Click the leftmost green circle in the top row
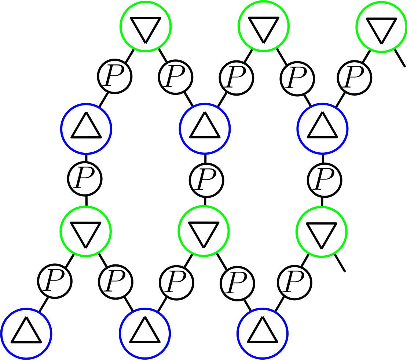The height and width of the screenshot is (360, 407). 146,26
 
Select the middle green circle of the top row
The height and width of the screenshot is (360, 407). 264,26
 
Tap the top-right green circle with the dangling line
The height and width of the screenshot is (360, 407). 381,26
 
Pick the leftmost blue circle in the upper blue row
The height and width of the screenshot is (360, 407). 86,129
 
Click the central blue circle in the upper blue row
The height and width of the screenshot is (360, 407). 205,129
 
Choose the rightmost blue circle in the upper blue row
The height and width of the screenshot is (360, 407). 322,129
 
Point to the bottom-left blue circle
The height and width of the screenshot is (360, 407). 26,334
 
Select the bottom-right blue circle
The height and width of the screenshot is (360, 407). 263,334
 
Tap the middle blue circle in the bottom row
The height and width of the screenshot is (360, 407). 145,334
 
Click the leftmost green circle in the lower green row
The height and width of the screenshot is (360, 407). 85,231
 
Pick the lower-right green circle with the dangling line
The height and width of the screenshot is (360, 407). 321,232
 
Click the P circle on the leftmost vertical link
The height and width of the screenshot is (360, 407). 85,179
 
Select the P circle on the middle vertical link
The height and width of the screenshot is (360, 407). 206,180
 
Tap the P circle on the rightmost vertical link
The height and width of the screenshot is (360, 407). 324,180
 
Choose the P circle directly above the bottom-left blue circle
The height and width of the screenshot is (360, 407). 55,282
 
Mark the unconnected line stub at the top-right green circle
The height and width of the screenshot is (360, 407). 400,59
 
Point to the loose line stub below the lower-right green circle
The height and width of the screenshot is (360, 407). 340,264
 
